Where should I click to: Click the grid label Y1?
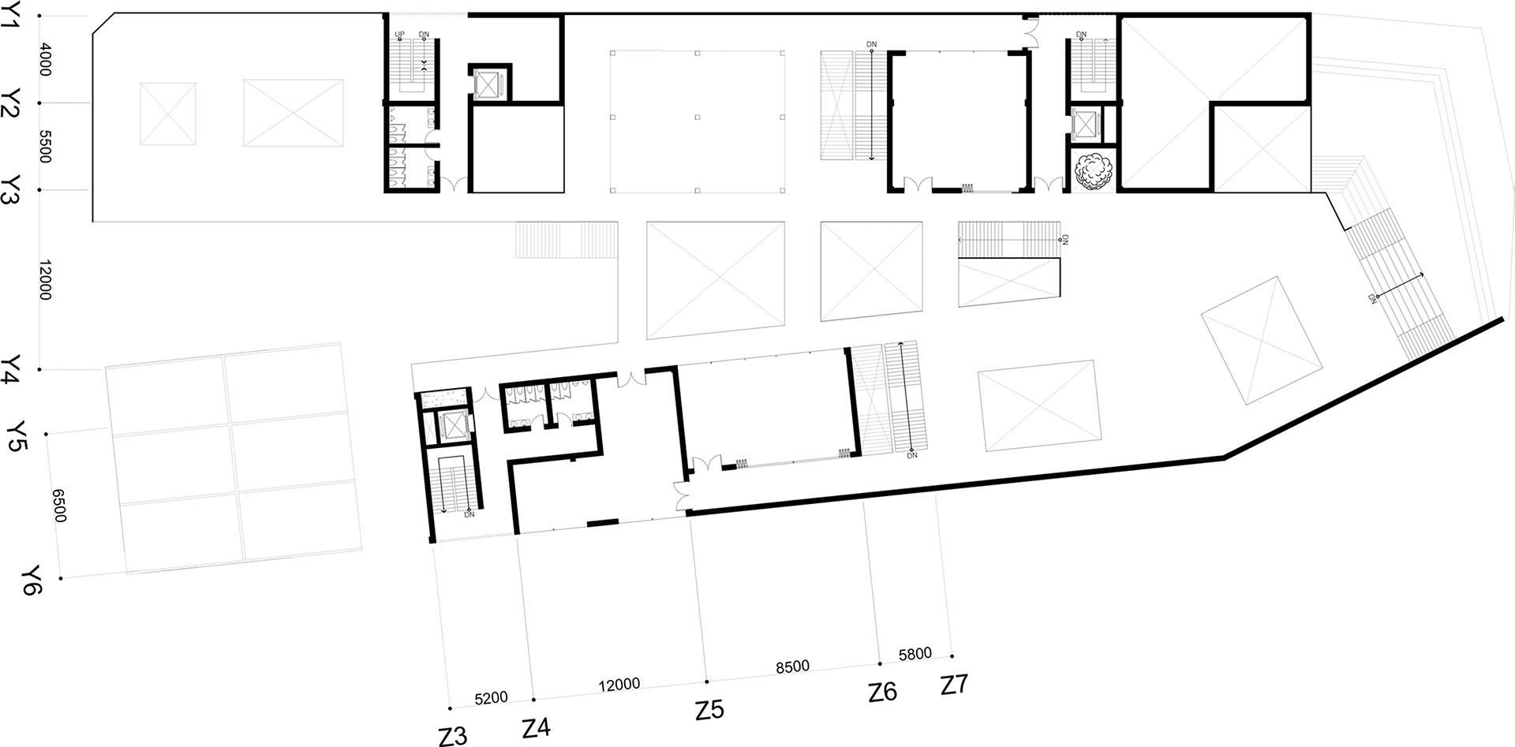point(11,13)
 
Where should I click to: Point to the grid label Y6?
point(32,580)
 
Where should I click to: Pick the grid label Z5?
point(709,710)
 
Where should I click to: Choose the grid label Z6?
point(883,692)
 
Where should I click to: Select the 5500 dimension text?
point(44,147)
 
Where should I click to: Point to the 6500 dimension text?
point(59,505)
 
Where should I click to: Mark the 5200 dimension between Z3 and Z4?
point(491,698)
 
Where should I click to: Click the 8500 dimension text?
point(792,667)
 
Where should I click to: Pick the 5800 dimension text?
point(915,654)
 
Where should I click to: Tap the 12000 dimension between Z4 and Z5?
point(619,684)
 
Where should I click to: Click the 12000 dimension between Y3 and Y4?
point(44,280)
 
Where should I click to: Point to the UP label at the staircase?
point(399,35)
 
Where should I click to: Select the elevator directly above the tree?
point(1087,124)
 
